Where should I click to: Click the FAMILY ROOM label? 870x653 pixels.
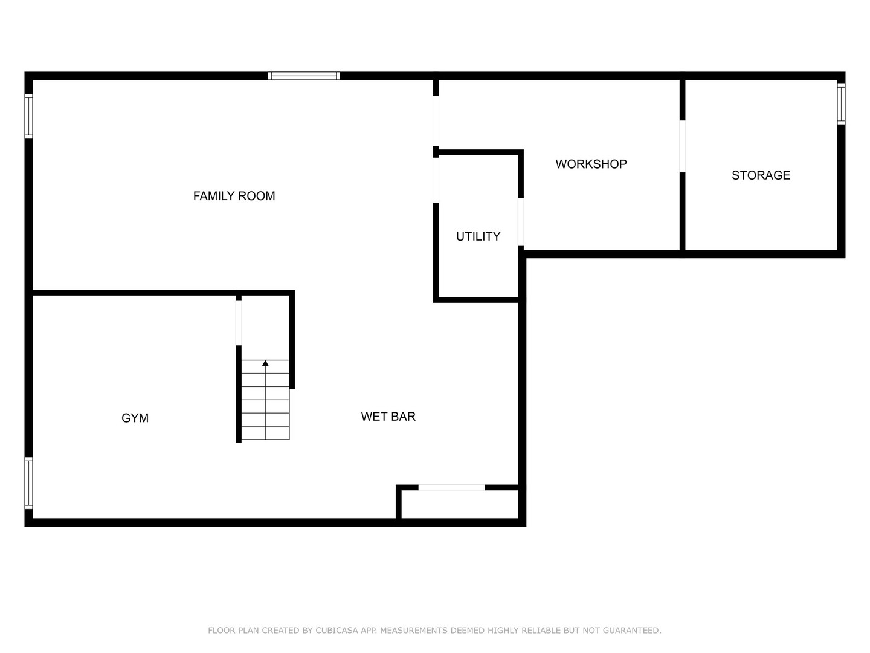pyautogui.click(x=234, y=196)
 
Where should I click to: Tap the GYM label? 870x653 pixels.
pyautogui.click(x=135, y=418)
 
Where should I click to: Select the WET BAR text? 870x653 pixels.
pyautogui.click(x=388, y=417)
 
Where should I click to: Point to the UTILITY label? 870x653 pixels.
pyautogui.click(x=478, y=236)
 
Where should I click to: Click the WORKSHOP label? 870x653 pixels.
pyautogui.click(x=591, y=164)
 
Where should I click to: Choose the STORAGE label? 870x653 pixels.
pyautogui.click(x=761, y=175)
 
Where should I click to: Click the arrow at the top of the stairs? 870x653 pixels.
pyautogui.click(x=265, y=363)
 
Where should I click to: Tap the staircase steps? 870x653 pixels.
pyautogui.click(x=265, y=402)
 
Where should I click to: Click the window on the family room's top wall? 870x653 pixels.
pyautogui.click(x=304, y=76)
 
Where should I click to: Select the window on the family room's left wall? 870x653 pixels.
pyautogui.click(x=28, y=116)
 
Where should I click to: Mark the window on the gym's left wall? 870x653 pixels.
pyautogui.click(x=28, y=482)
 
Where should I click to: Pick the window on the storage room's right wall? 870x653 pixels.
pyautogui.click(x=841, y=104)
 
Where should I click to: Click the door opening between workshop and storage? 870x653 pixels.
pyautogui.click(x=683, y=146)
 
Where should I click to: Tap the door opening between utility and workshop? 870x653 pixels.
pyautogui.click(x=521, y=222)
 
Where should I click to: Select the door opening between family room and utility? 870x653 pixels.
pyautogui.click(x=436, y=180)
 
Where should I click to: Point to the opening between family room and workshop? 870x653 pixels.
pyautogui.click(x=436, y=121)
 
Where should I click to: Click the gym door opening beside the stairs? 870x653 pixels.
pyautogui.click(x=239, y=322)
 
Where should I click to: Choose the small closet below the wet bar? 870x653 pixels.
pyautogui.click(x=459, y=504)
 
